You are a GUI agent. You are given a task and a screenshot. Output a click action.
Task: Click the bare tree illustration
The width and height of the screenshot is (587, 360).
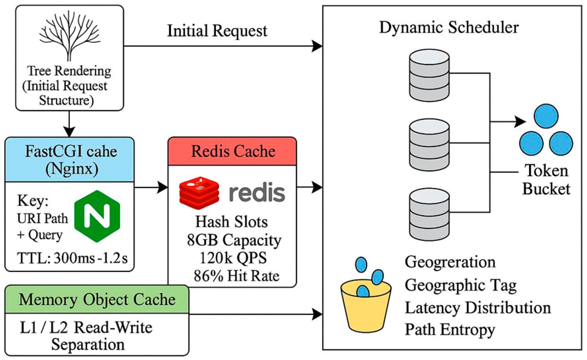pyautogui.click(x=70, y=35)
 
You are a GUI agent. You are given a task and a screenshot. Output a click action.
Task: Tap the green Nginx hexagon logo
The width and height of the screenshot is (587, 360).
pyautogui.click(x=97, y=216)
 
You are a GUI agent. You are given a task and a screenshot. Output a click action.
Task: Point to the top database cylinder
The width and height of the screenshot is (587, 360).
pyautogui.click(x=429, y=75)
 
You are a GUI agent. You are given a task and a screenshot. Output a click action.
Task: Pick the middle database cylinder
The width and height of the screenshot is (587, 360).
pyautogui.click(x=429, y=145)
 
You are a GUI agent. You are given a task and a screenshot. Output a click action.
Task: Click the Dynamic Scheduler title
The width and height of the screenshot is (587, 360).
pyautogui.click(x=449, y=27)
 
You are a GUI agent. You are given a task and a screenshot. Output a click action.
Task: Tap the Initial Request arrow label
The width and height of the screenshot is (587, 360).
pyautogui.click(x=217, y=31)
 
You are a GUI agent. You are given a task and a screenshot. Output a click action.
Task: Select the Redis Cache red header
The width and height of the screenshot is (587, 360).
pyautogui.click(x=232, y=151)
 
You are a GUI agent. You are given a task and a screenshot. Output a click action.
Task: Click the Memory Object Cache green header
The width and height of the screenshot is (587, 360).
pyautogui.click(x=97, y=300)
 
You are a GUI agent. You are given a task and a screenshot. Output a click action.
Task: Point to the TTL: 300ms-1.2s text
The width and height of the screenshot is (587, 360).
pyautogui.click(x=72, y=258)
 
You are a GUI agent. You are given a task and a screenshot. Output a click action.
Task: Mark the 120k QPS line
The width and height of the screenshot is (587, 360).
pyautogui.click(x=233, y=258)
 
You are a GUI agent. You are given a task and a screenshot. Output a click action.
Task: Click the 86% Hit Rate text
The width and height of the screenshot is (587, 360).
pyautogui.click(x=236, y=276)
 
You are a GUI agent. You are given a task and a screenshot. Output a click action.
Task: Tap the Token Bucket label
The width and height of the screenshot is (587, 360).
pyautogui.click(x=546, y=180)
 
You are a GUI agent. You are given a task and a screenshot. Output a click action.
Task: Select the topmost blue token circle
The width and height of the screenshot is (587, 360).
pyautogui.click(x=546, y=116)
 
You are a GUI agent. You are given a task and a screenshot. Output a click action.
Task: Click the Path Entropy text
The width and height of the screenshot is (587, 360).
pyautogui.click(x=450, y=330)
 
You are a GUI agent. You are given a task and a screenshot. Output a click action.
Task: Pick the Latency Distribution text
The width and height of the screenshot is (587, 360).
pyautogui.click(x=477, y=308)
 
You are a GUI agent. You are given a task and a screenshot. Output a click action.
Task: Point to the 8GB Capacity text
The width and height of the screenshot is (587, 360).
pyautogui.click(x=234, y=240)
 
